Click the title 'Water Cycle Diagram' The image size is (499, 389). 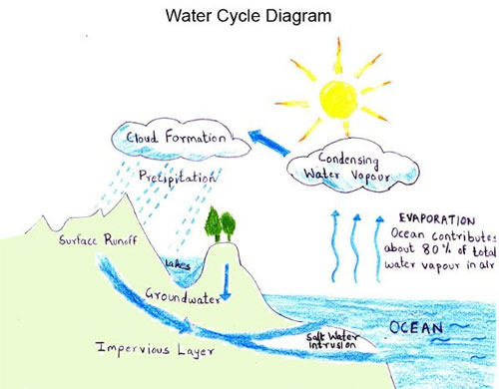pyautogui.click(x=249, y=16)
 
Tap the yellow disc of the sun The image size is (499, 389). pyautogui.click(x=338, y=100)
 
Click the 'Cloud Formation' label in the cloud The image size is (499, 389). pyautogui.click(x=176, y=138)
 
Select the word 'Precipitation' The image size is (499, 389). pyautogui.click(x=178, y=178)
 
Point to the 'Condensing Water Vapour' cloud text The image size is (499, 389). pyautogui.click(x=347, y=168)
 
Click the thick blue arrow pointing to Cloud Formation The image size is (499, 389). pyautogui.click(x=268, y=142)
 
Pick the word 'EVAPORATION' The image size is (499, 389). pyautogui.click(x=437, y=219)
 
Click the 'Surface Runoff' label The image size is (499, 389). pyautogui.click(x=98, y=239)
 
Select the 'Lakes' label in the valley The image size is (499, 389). pyautogui.click(x=178, y=264)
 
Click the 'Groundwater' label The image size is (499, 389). pyautogui.click(x=183, y=295)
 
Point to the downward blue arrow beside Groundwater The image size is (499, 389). pyautogui.click(x=227, y=282)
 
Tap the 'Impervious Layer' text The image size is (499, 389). pyautogui.click(x=155, y=349)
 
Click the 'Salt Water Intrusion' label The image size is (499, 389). pyautogui.click(x=332, y=340)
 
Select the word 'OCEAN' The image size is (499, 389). pyautogui.click(x=416, y=328)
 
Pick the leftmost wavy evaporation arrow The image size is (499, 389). pyautogui.click(x=334, y=246)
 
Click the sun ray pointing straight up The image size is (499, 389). pyautogui.click(x=338, y=55)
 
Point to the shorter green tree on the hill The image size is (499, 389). pyautogui.click(x=229, y=226)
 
